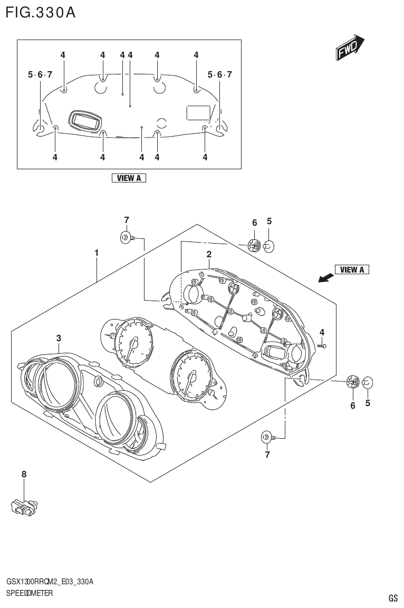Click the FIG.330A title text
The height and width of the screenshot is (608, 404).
[x=40, y=13]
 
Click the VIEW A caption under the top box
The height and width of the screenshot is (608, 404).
[x=128, y=178]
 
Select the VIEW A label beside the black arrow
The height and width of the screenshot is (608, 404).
[x=352, y=270]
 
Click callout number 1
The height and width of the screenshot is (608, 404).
[x=97, y=253]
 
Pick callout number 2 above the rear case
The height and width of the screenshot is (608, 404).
[x=209, y=255]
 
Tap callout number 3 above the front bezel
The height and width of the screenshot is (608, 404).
[x=59, y=338]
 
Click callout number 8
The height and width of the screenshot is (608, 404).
[x=24, y=475]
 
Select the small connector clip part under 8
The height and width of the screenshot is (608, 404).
[x=24, y=507]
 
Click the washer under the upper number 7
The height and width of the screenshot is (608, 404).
[x=126, y=238]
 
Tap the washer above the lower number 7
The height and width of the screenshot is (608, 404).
[x=267, y=437]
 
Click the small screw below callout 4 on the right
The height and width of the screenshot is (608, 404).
[x=323, y=346]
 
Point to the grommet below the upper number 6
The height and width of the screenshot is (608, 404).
[x=254, y=245]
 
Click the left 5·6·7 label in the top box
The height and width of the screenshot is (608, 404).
[x=40, y=75]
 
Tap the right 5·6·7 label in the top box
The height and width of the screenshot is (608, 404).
[x=220, y=75]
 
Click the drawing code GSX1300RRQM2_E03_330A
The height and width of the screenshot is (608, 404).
[x=50, y=582]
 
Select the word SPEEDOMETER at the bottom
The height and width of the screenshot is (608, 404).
[x=30, y=593]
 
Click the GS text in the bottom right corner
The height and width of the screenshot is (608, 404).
[x=393, y=598]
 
